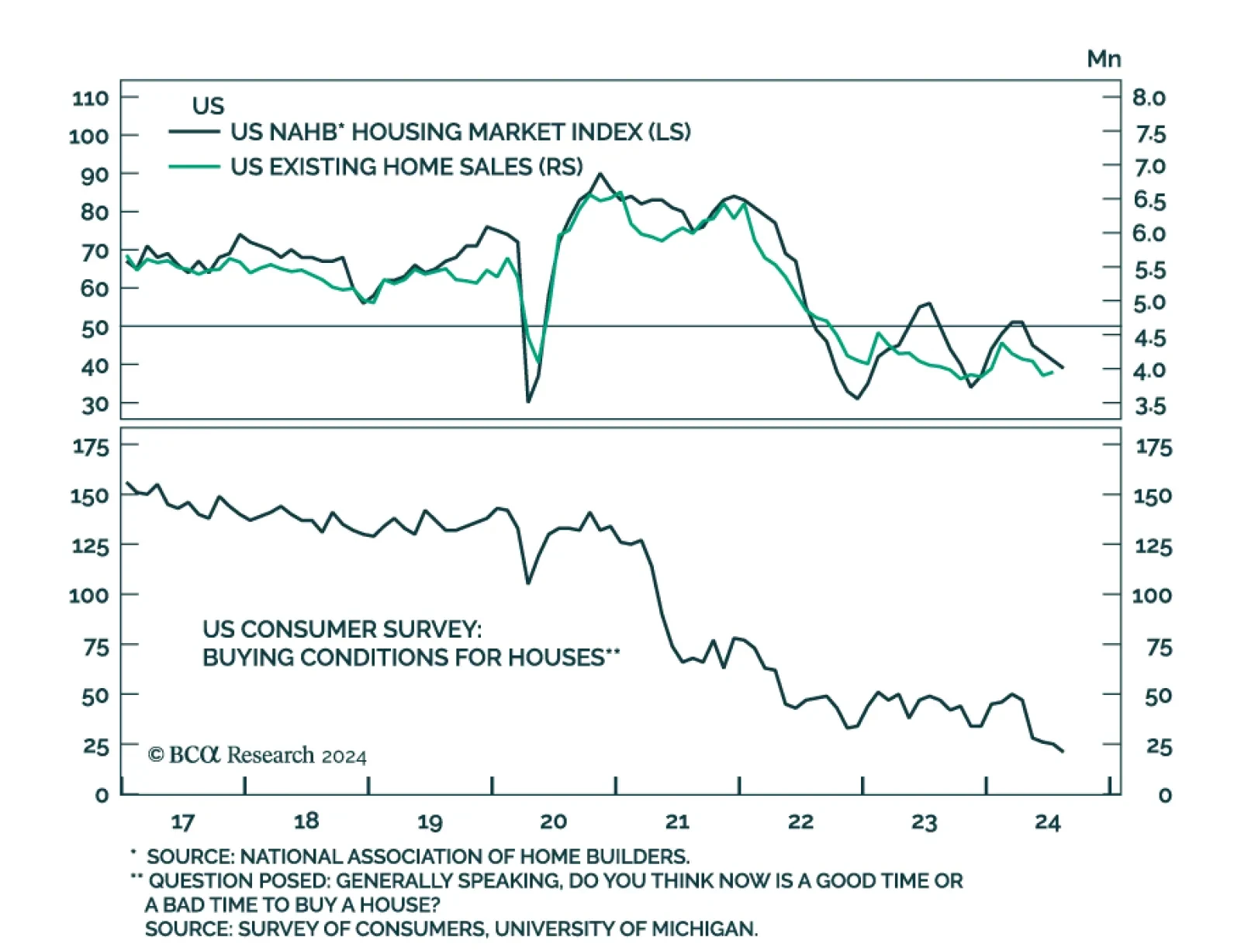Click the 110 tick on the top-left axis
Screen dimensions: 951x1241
click(x=90, y=99)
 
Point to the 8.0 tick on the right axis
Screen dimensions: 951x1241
click(x=1149, y=98)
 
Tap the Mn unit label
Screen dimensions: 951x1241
click(x=1103, y=59)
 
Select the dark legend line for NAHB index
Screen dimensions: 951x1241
click(x=194, y=133)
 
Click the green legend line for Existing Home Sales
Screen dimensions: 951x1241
click(x=194, y=167)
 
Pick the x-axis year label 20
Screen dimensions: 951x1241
click(x=553, y=821)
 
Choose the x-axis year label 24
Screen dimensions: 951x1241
click(x=1047, y=821)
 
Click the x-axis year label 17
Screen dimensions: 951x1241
click(x=182, y=821)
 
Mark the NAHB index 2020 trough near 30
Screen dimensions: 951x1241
click(x=528, y=401)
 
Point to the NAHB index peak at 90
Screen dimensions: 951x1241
click(x=600, y=174)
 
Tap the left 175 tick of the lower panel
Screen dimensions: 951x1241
click(x=91, y=447)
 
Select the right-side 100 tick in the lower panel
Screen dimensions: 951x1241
click(x=1152, y=596)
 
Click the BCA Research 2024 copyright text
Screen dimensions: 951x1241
click(x=257, y=755)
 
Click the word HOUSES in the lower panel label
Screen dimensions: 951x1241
click(x=559, y=658)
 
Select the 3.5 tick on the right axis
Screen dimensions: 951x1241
click(x=1150, y=406)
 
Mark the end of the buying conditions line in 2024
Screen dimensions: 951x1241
click(x=1063, y=751)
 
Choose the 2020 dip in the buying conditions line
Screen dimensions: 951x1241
click(x=528, y=583)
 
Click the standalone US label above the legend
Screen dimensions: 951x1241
click(x=208, y=106)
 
